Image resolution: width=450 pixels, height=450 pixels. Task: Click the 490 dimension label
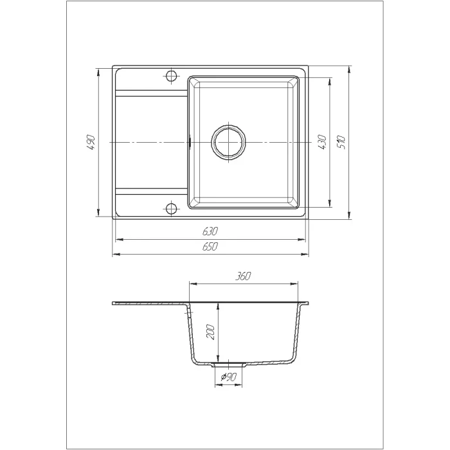(91, 142)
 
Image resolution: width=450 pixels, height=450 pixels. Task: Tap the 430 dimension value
(322, 142)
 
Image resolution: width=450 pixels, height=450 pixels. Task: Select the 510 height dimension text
(341, 142)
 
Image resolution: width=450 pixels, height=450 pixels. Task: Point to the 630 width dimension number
(210, 231)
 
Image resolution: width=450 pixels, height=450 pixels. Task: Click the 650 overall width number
(210, 246)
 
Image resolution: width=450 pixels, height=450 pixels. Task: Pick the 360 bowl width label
(243, 276)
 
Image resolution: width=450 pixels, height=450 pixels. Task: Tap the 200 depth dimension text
(211, 332)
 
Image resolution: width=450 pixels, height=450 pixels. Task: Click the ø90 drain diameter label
(228, 377)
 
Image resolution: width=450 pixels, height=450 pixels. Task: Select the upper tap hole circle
(171, 76)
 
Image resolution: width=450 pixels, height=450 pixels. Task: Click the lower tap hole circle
(171, 208)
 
